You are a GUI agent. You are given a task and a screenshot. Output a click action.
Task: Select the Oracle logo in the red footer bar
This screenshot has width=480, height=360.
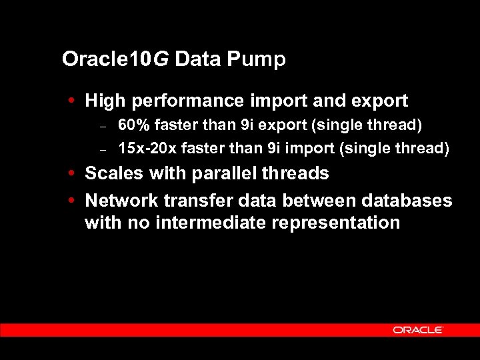click(x=418, y=329)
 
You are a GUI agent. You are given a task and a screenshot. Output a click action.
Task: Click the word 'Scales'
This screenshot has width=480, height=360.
click(x=114, y=173)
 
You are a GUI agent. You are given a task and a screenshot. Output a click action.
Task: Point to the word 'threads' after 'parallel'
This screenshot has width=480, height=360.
click(x=297, y=173)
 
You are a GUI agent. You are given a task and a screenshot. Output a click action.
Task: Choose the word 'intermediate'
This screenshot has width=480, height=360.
click(x=210, y=223)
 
